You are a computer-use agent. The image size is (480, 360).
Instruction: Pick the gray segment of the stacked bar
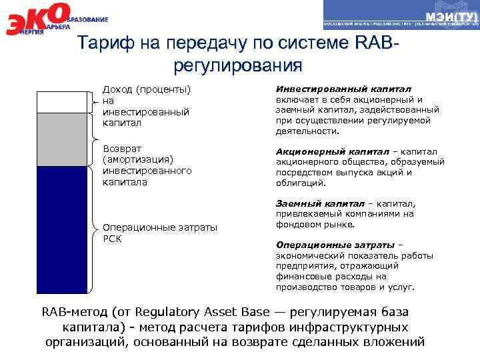click(x=61, y=139)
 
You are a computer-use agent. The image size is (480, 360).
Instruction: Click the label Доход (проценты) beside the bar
click(x=146, y=89)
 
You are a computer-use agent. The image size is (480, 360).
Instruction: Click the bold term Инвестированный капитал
click(x=343, y=89)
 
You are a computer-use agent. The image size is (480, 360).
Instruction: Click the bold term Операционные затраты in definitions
click(x=335, y=245)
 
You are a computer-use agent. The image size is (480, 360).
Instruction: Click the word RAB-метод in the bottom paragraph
click(x=74, y=312)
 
